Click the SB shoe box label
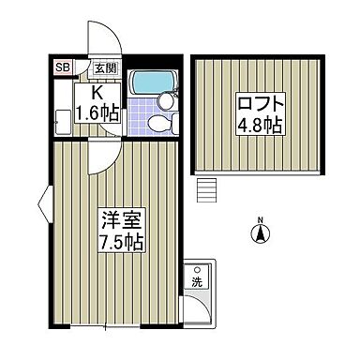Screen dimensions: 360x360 click(63, 67)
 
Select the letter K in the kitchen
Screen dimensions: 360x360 click(96, 94)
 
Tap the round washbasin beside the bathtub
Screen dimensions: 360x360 click(166, 97)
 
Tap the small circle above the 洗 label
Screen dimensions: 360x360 click(198, 268)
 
